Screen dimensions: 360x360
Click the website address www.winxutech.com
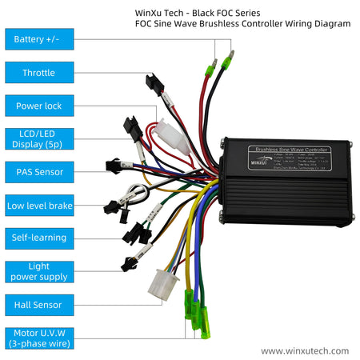coord(305,350)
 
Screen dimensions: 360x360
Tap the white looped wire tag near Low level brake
coord(138,194)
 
